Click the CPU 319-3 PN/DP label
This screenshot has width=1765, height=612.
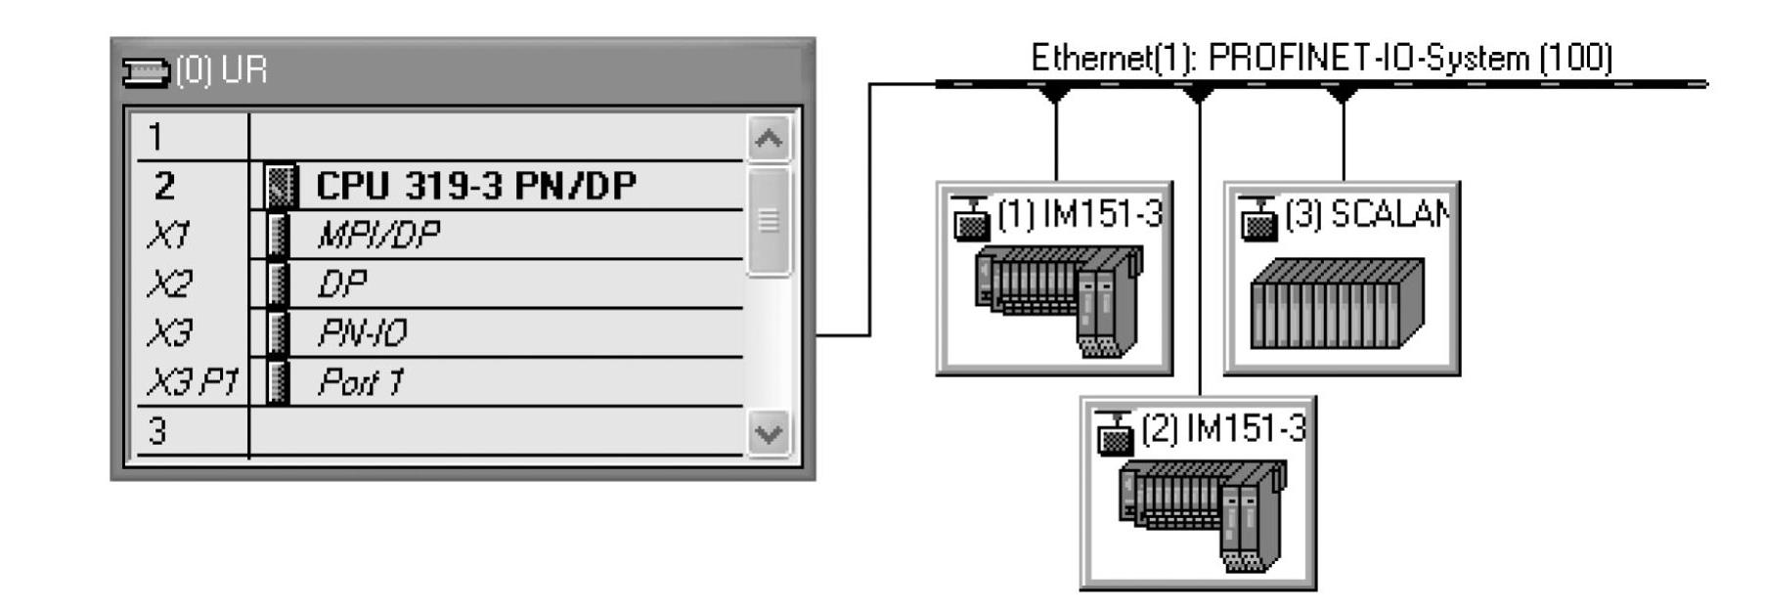(475, 186)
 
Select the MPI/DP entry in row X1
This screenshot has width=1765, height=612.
(377, 235)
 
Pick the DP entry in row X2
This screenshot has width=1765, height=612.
(341, 284)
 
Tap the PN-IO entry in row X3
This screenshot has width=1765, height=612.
(362, 333)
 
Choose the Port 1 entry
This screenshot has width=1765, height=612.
(360, 382)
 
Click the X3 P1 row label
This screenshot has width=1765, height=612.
(192, 382)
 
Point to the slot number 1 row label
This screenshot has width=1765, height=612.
(156, 137)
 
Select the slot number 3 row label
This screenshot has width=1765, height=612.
(156, 431)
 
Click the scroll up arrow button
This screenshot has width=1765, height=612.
(768, 139)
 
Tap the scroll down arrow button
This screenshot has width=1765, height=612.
(768, 431)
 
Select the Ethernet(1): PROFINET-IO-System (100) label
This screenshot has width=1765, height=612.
(1321, 58)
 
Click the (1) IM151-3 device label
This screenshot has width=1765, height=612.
(1080, 214)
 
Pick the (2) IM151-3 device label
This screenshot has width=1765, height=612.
(1223, 428)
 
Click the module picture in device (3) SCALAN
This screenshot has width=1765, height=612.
(1337, 303)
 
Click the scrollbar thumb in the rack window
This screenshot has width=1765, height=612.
(768, 221)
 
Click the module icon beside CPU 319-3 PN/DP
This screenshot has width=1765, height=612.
(281, 186)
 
